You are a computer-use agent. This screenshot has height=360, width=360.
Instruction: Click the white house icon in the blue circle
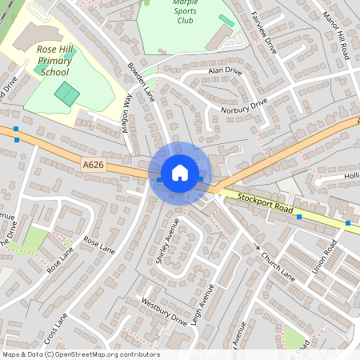pos(180,172)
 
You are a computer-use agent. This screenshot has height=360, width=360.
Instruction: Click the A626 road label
pos(93,165)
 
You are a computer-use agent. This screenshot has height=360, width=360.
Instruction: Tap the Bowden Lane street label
pos(141,81)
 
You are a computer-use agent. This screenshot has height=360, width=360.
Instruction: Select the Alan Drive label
pos(224,72)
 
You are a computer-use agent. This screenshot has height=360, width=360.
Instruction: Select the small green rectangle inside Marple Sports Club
pos(227,20)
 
